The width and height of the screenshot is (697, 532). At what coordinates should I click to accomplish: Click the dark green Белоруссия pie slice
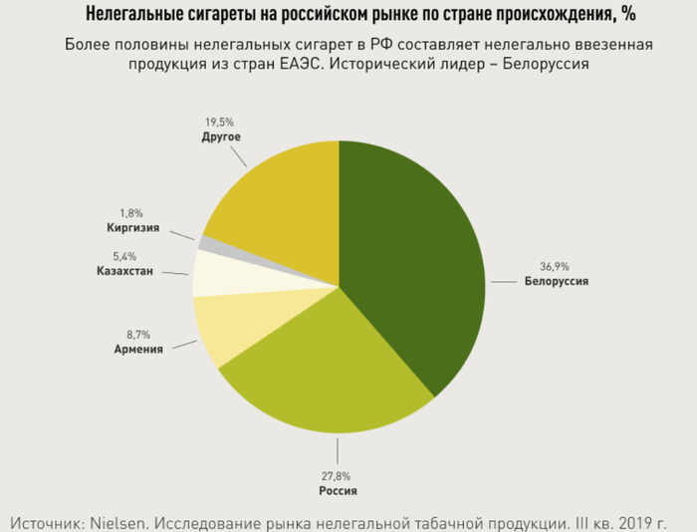coord(418,259)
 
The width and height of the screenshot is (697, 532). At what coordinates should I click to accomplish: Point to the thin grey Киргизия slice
coord(205,242)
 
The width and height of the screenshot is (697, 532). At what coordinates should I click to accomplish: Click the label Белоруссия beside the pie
coord(557,282)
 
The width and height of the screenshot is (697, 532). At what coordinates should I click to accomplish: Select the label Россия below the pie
coord(338,491)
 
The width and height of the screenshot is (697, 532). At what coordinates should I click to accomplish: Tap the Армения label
coord(138,350)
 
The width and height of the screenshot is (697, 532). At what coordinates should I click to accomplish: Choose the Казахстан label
coord(124,272)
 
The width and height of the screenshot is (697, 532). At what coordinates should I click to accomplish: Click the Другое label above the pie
coord(221,136)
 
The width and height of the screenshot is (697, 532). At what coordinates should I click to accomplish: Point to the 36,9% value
coord(556,267)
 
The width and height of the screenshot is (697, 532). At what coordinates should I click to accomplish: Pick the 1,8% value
coord(132,213)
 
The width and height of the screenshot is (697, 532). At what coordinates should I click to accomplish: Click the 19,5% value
coord(220,122)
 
